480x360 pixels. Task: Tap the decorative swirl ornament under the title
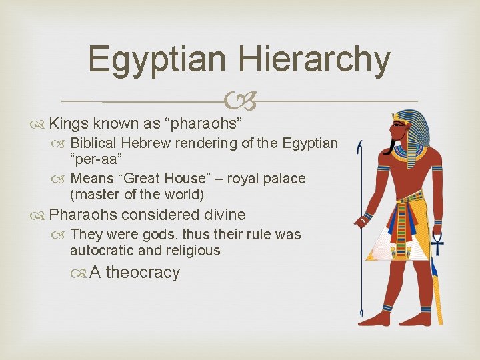point(239,101)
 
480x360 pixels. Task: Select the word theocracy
point(143,273)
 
